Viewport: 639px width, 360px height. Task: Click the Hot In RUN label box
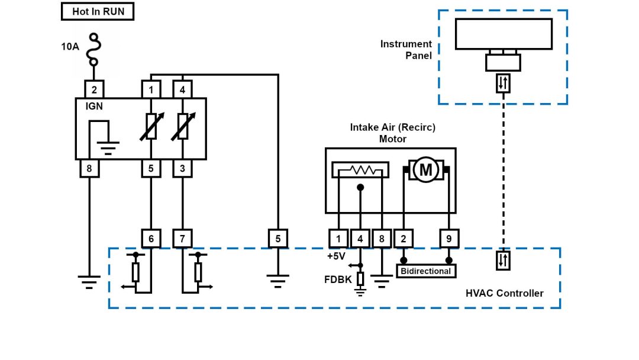[x=98, y=11]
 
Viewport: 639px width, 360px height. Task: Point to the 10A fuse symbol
[x=93, y=50]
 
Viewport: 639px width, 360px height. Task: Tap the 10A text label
[x=70, y=46]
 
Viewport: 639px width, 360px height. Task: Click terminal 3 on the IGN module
[x=182, y=169]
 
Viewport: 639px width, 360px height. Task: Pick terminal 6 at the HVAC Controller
[x=151, y=239]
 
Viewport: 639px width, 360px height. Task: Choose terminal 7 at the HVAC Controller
[x=182, y=239]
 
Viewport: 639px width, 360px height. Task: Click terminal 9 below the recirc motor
[x=449, y=239]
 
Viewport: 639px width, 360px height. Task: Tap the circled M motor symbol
[x=426, y=171]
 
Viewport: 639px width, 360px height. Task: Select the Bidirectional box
[x=426, y=271]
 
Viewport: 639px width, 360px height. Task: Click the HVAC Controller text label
[x=504, y=293]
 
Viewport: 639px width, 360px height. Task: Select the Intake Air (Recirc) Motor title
[x=392, y=133]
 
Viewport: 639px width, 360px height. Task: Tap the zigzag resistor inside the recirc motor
[x=360, y=170]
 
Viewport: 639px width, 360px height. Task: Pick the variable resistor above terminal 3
[x=182, y=127]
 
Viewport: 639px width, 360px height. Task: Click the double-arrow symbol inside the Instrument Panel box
[x=503, y=83]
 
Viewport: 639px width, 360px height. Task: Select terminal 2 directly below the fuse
[x=95, y=90]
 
